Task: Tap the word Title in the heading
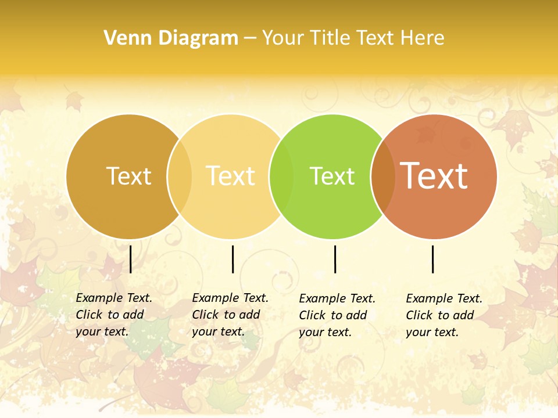pyautogui.click(x=330, y=38)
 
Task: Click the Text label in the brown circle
pyautogui.click(x=128, y=176)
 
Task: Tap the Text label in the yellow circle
pyautogui.click(x=231, y=176)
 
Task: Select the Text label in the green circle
pyautogui.click(x=332, y=176)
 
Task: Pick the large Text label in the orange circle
pyautogui.click(x=434, y=175)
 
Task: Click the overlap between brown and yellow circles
pyautogui.click(x=180, y=176)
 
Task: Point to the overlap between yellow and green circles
pyautogui.click(x=282, y=176)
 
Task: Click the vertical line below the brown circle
pyautogui.click(x=131, y=259)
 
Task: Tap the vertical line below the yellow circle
pyautogui.click(x=233, y=259)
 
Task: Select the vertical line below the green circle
pyautogui.click(x=335, y=259)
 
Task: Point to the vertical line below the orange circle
pyautogui.click(x=432, y=259)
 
